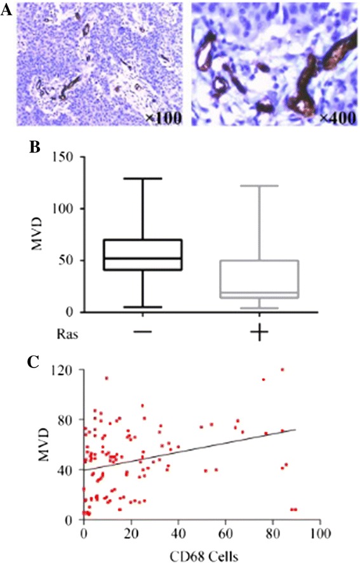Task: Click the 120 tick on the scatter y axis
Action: [69, 370]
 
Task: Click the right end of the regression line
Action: [296, 430]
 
